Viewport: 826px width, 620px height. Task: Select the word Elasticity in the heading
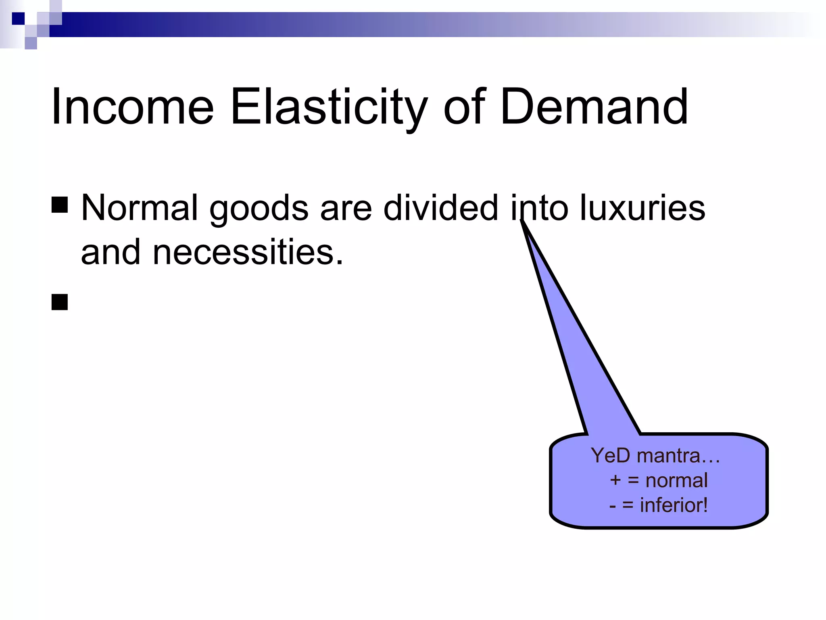329,107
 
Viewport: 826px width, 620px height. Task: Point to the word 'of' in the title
464,107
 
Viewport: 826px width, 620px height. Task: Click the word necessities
248,252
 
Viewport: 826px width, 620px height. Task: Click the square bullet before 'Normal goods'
60,205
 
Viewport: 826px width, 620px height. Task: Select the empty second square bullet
60,302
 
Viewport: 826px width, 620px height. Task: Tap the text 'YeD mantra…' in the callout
655,455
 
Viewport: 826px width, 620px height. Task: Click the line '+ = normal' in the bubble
659,480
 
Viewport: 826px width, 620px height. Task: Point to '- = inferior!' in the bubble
659,505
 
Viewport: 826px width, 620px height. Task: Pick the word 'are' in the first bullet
346,208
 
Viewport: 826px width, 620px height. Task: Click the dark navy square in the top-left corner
18,19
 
